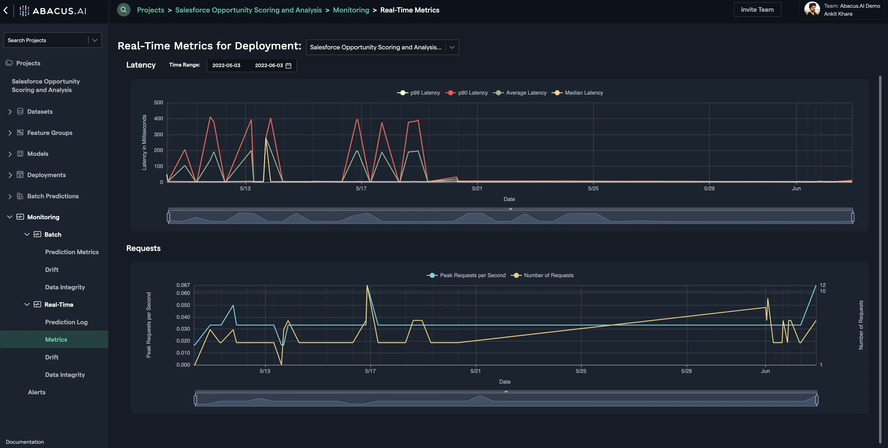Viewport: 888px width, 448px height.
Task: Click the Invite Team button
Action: pyautogui.click(x=757, y=10)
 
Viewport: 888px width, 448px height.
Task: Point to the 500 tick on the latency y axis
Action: pyautogui.click(x=158, y=103)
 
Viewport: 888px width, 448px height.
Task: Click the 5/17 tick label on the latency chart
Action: pyautogui.click(x=361, y=189)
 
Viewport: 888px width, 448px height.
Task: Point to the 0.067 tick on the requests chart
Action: pyautogui.click(x=183, y=285)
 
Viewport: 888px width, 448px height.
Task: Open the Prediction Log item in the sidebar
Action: pyautogui.click(x=66, y=322)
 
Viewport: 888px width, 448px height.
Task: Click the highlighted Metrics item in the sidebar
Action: pyautogui.click(x=56, y=339)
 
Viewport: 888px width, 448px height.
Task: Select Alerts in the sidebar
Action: pyautogui.click(x=36, y=392)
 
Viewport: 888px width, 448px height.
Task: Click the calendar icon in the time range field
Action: pyautogui.click(x=289, y=65)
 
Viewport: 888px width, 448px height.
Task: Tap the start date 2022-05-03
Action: pyautogui.click(x=226, y=65)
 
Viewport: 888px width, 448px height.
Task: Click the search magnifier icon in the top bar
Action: pyautogui.click(x=123, y=10)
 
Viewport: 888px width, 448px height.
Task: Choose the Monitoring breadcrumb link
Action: pyautogui.click(x=351, y=10)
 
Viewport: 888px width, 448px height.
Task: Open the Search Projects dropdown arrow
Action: pyautogui.click(x=94, y=40)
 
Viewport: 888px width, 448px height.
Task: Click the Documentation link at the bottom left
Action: pyautogui.click(x=24, y=442)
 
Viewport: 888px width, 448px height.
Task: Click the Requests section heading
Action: pyautogui.click(x=143, y=248)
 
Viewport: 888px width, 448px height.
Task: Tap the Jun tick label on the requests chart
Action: pyautogui.click(x=765, y=371)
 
